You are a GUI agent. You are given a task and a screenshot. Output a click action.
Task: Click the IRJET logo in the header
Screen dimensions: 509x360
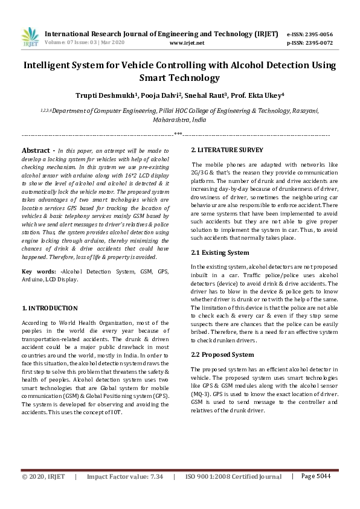[30, 37]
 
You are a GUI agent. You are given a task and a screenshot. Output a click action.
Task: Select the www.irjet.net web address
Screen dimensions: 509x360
[187, 43]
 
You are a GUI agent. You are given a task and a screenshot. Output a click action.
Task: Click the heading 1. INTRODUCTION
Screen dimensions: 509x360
[50, 308]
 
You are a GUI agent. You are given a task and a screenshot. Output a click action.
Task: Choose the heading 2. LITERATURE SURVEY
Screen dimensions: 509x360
[227, 150]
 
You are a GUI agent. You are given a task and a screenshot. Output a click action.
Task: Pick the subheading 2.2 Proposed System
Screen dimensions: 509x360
[222, 354]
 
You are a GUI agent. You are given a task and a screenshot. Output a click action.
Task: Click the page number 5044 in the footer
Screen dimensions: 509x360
[317, 493]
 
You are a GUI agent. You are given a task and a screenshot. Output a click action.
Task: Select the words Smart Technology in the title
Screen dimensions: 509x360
[179, 77]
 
